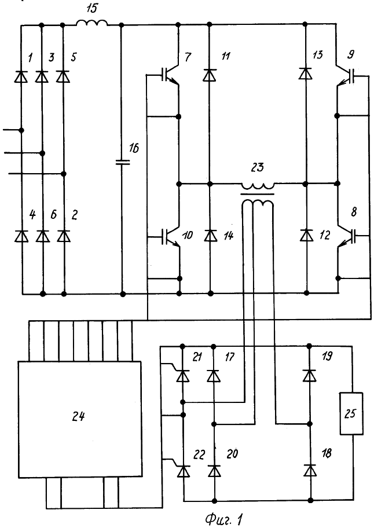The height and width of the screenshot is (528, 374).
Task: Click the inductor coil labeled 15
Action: (x=92, y=23)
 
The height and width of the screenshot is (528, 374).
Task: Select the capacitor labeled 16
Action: (x=123, y=162)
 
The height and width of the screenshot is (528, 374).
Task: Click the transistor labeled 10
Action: (x=171, y=236)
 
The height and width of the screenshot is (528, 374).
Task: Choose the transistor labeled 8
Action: (x=346, y=237)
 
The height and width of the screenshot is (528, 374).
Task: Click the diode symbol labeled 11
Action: (x=210, y=75)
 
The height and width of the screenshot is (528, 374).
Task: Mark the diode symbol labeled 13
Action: (x=306, y=73)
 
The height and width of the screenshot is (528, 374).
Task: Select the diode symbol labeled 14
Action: (x=210, y=236)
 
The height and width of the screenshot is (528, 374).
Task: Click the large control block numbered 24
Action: (x=79, y=419)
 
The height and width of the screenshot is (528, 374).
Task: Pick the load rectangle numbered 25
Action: (x=351, y=413)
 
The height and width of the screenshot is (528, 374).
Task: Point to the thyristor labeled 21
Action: (x=182, y=376)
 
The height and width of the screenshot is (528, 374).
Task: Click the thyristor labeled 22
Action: (x=184, y=471)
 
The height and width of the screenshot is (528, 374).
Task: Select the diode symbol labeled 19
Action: (x=309, y=375)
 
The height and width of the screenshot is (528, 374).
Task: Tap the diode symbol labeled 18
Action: (x=310, y=470)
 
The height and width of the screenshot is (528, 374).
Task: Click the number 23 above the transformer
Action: (x=258, y=168)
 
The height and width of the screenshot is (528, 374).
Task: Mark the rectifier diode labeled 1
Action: (x=21, y=76)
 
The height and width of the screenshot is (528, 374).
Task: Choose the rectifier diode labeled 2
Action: (x=64, y=236)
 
